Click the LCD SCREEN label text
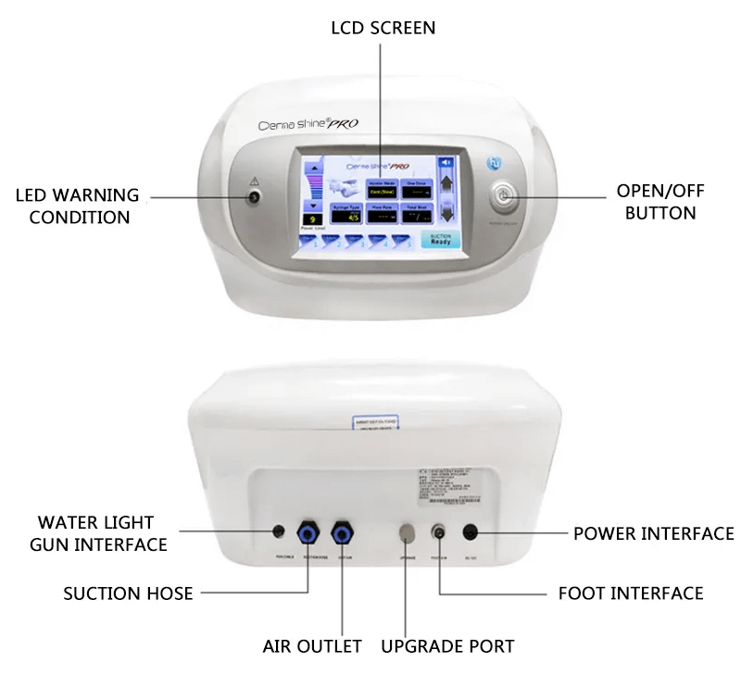coord(383,28)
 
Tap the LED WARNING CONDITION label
coord(79,206)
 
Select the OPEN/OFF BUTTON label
coord(659,201)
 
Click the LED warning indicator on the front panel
coord(253,196)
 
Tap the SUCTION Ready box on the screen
coord(440,239)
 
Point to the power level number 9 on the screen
coord(316,219)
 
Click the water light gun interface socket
coord(277,531)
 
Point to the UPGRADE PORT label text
coord(447,645)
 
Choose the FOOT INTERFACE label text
coord(631,593)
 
